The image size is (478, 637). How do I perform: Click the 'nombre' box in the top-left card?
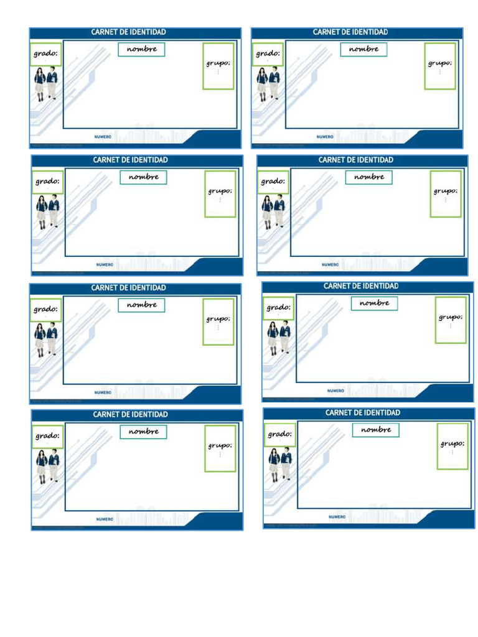141,49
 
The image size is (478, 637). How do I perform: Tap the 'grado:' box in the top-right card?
268,54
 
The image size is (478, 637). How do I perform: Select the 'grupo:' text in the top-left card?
218,63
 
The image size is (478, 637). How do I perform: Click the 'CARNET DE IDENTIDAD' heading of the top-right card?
350,32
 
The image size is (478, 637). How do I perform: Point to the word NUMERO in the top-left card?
103,136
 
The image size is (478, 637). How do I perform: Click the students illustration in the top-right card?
268,84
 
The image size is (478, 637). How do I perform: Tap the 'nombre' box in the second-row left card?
144,177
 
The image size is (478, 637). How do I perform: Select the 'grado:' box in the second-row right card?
273,182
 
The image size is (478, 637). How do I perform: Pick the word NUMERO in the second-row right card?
330,264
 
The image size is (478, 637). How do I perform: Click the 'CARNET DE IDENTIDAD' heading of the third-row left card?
129,288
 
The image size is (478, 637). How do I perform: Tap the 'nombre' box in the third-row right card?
375,303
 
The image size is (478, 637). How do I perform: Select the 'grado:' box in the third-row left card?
45,309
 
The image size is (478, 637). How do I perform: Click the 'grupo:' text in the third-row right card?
450,317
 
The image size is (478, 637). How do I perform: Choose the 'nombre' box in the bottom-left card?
144,432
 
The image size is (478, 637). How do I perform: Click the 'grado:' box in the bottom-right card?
279,435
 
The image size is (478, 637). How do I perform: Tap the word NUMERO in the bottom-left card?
105,519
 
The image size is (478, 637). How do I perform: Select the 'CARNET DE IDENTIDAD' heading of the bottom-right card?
363,413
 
